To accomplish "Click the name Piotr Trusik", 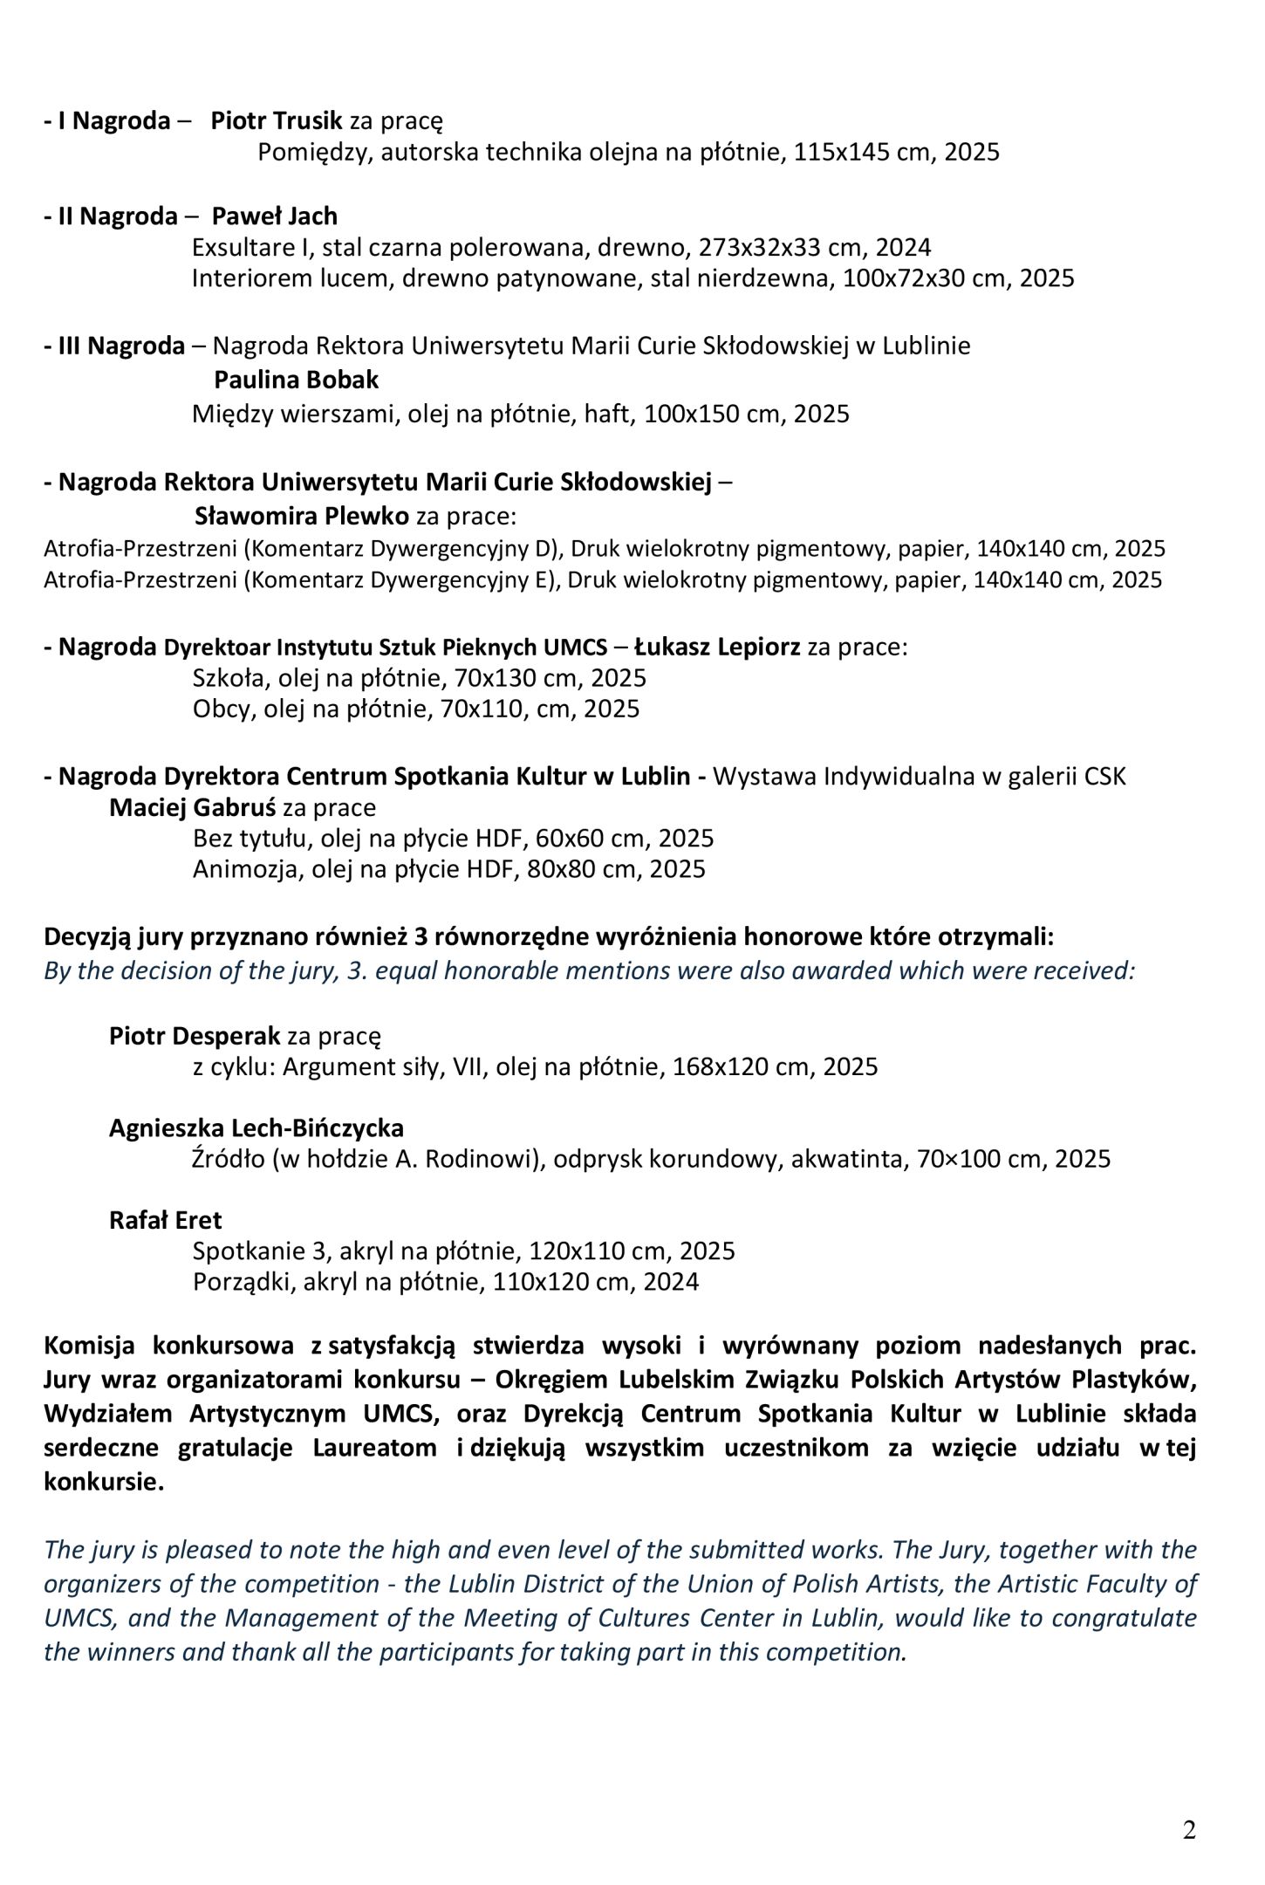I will click(x=277, y=120).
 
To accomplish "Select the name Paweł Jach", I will click(x=274, y=216).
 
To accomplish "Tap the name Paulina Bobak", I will click(x=296, y=380).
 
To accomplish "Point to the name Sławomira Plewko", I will click(x=301, y=516).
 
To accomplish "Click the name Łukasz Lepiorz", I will click(x=717, y=647).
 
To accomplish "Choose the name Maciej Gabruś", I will click(x=192, y=807).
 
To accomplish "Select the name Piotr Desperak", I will click(x=195, y=1036).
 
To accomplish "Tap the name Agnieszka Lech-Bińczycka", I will click(x=256, y=1128).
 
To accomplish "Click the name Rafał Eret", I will click(x=165, y=1220).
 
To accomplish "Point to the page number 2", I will click(x=1189, y=1830).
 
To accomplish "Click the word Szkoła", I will click(x=223, y=678).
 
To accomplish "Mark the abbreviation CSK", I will click(x=1104, y=776).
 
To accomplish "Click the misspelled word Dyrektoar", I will click(x=217, y=648).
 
